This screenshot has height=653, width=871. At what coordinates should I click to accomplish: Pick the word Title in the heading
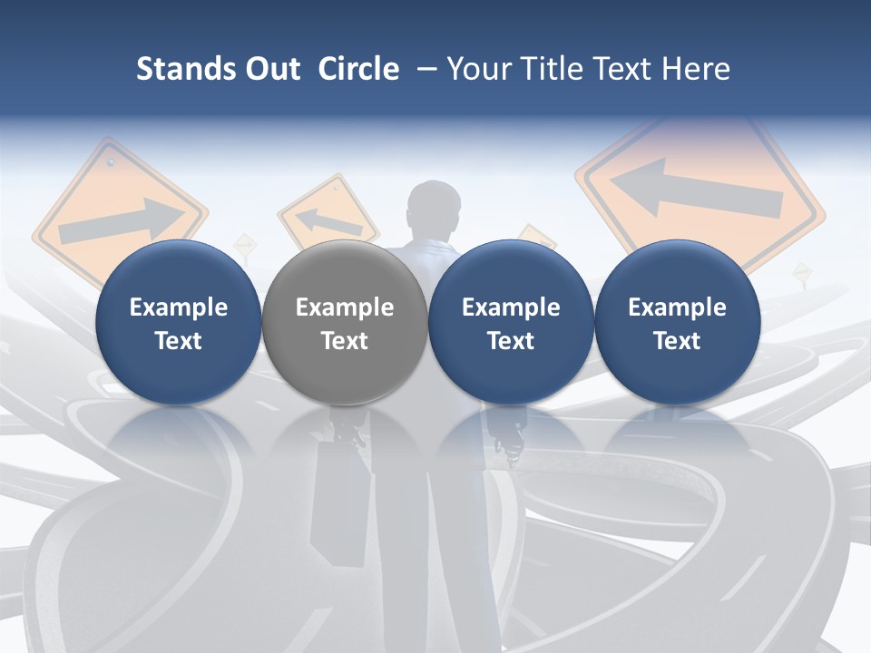tap(555, 69)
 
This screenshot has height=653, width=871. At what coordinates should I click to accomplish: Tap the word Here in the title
tap(697, 69)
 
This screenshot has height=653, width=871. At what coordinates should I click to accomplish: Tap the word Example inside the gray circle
tap(345, 307)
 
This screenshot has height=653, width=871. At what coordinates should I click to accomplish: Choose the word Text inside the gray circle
tap(345, 341)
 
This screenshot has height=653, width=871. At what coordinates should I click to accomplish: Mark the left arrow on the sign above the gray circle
tap(327, 220)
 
